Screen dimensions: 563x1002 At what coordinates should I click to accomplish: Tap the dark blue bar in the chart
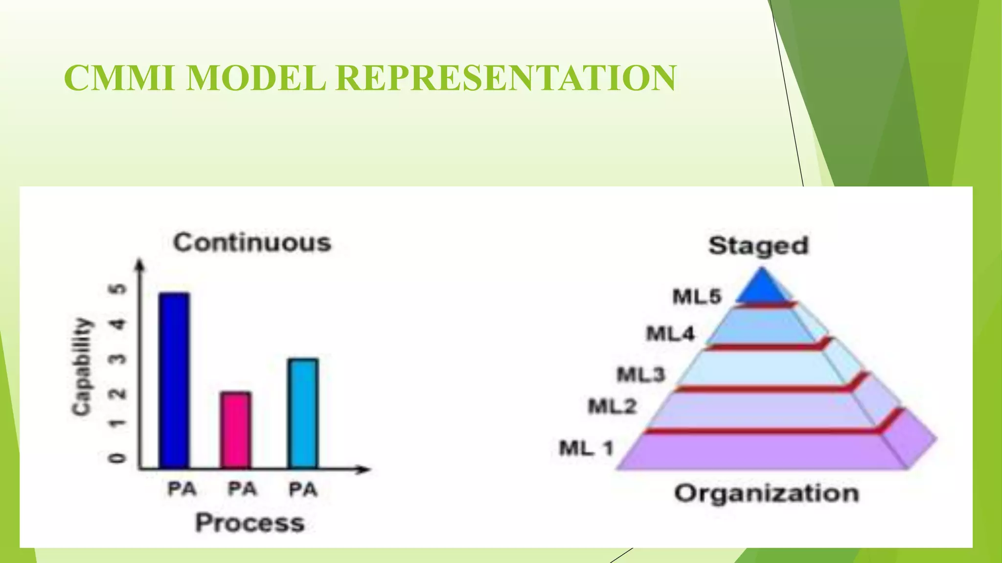pos(174,380)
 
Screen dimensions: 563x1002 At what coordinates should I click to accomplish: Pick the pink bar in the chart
pos(236,430)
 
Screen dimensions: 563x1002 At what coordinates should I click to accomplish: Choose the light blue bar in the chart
pos(303,413)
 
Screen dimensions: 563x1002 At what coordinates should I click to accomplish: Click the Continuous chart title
pos(252,243)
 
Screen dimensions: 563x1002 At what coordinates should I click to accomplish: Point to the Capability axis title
pos(82,367)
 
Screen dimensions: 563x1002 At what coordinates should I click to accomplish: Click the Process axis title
pos(250,523)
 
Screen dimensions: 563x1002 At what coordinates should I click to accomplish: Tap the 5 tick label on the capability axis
pos(118,289)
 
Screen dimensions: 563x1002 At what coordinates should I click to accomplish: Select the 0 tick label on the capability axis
pos(118,458)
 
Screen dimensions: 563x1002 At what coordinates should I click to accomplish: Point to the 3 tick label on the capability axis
pos(118,359)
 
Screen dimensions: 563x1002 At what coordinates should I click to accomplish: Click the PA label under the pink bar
pos(242,489)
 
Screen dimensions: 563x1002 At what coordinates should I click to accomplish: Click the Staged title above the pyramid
pos(758,245)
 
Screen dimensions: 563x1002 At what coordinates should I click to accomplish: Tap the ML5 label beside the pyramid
pos(697,297)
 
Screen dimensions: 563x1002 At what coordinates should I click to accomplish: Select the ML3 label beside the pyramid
pos(640,375)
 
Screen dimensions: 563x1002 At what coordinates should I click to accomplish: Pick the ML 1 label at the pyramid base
pos(586,448)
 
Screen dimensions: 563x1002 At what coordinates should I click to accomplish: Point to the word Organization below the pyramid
pos(767,493)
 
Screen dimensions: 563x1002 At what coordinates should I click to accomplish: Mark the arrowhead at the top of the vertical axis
pos(140,264)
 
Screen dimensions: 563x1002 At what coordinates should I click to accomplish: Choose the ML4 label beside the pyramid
pos(670,334)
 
